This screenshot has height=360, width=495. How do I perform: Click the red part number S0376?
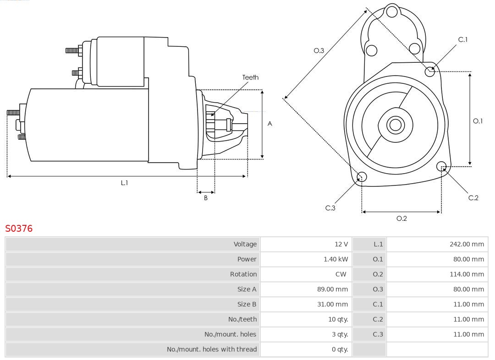pos(19,229)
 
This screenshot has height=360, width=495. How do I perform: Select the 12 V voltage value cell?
pos(341,244)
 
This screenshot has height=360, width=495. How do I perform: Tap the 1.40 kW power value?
pos(335,259)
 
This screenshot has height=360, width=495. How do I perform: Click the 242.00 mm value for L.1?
pos(467,244)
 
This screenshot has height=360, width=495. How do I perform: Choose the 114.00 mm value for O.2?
pos(467,274)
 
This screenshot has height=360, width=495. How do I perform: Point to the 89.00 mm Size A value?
pos(332,289)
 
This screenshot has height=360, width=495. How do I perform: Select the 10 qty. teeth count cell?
pos(338,319)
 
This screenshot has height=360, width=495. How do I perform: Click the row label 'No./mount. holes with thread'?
pos(212,349)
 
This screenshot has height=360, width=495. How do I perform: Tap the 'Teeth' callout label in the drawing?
pos(250,77)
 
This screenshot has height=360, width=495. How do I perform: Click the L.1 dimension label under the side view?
pos(124,183)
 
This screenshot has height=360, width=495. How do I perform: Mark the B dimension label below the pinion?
pos(206,198)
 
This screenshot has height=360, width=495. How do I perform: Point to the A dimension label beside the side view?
pos(270,124)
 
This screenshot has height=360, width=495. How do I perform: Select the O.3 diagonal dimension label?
pos(319,51)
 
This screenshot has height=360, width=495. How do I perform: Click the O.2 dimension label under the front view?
pos(401,218)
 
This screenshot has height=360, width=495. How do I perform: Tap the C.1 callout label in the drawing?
pos(463,40)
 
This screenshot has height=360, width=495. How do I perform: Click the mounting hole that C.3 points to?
pos(362,177)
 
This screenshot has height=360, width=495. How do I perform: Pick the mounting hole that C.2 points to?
pos(441,166)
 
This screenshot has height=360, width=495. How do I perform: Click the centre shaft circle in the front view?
pos(394,125)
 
